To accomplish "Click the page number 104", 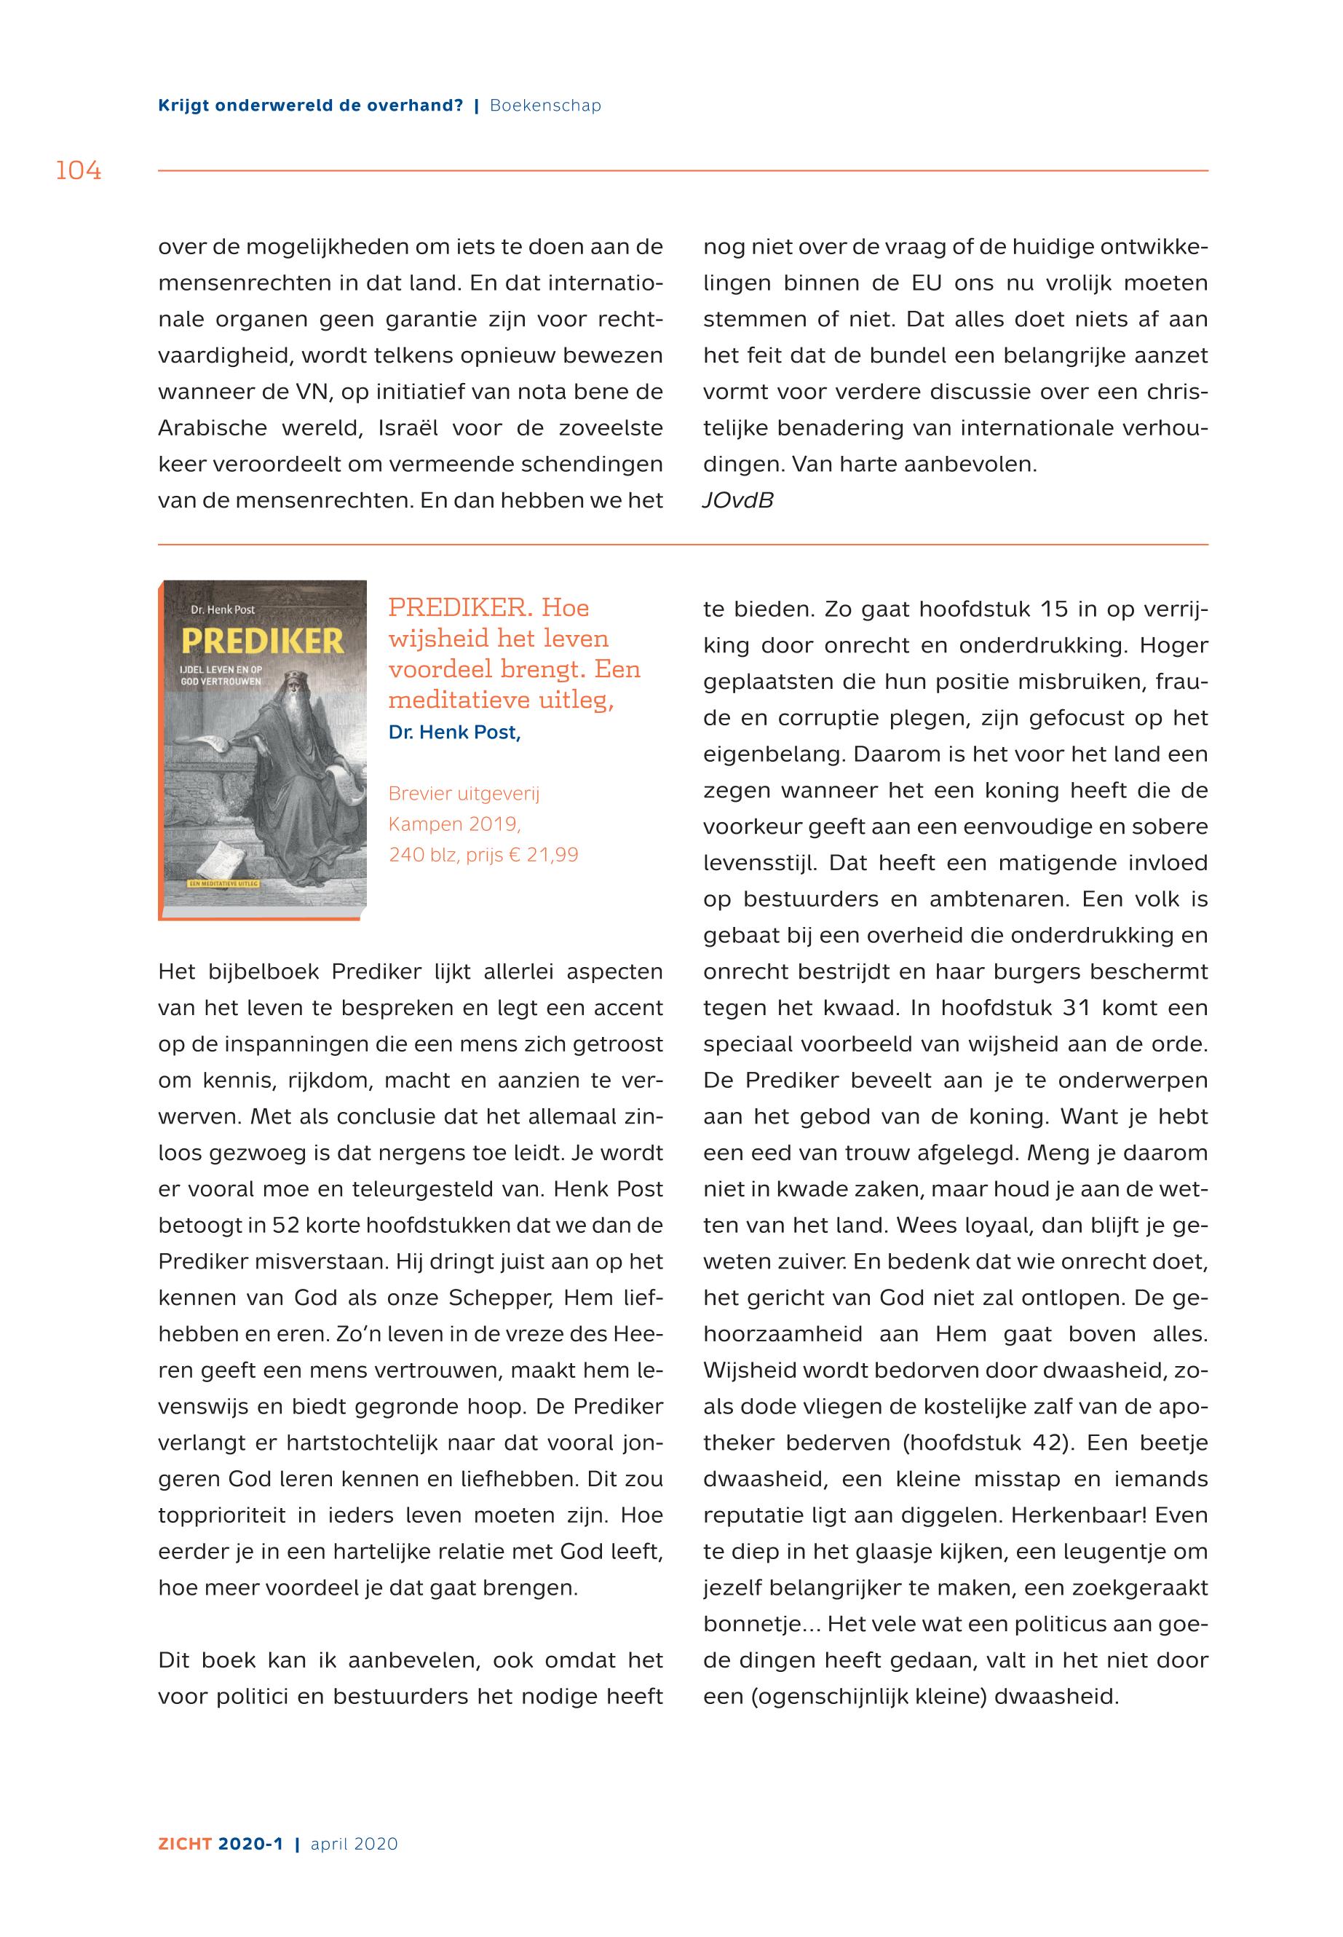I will pyautogui.click(x=79, y=171).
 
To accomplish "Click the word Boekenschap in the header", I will pyautogui.click(x=545, y=106).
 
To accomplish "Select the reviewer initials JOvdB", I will pyautogui.click(x=737, y=501).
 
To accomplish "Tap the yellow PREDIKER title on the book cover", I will pyautogui.click(x=263, y=642).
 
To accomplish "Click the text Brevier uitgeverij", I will pyautogui.click(x=464, y=794).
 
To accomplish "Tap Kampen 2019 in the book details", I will pyautogui.click(x=453, y=824).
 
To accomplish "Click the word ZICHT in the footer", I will pyautogui.click(x=184, y=1844).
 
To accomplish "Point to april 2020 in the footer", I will pyautogui.click(x=354, y=1844).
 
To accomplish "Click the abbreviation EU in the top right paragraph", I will pyautogui.click(x=926, y=284).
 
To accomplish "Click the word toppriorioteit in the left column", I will pyautogui.click(x=220, y=1515).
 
